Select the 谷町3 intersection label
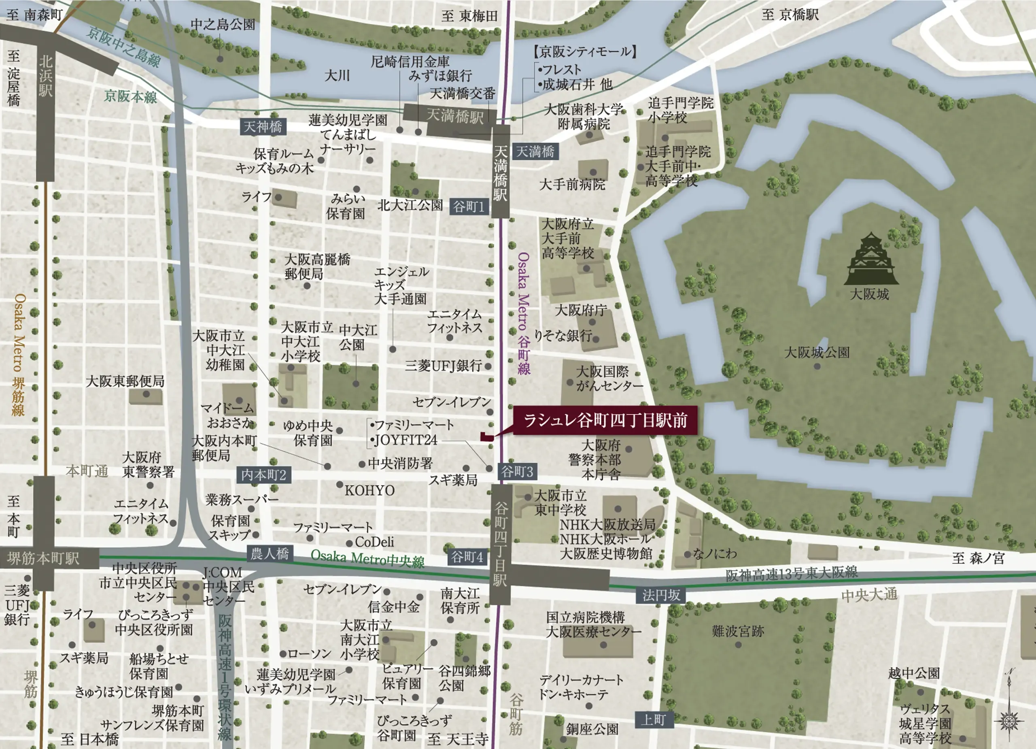point(517,472)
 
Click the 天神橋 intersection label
point(263,127)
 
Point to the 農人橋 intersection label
point(270,554)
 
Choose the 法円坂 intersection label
point(661,595)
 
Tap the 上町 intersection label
point(653,720)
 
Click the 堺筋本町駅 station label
point(43,558)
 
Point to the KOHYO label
point(369,491)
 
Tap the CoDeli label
point(374,542)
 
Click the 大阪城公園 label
point(817,352)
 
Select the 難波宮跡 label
point(738,632)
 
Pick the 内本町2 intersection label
point(263,475)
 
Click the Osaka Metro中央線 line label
point(368,558)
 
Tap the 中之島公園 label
point(223,24)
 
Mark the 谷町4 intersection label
point(467,557)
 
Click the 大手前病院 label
point(572,185)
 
